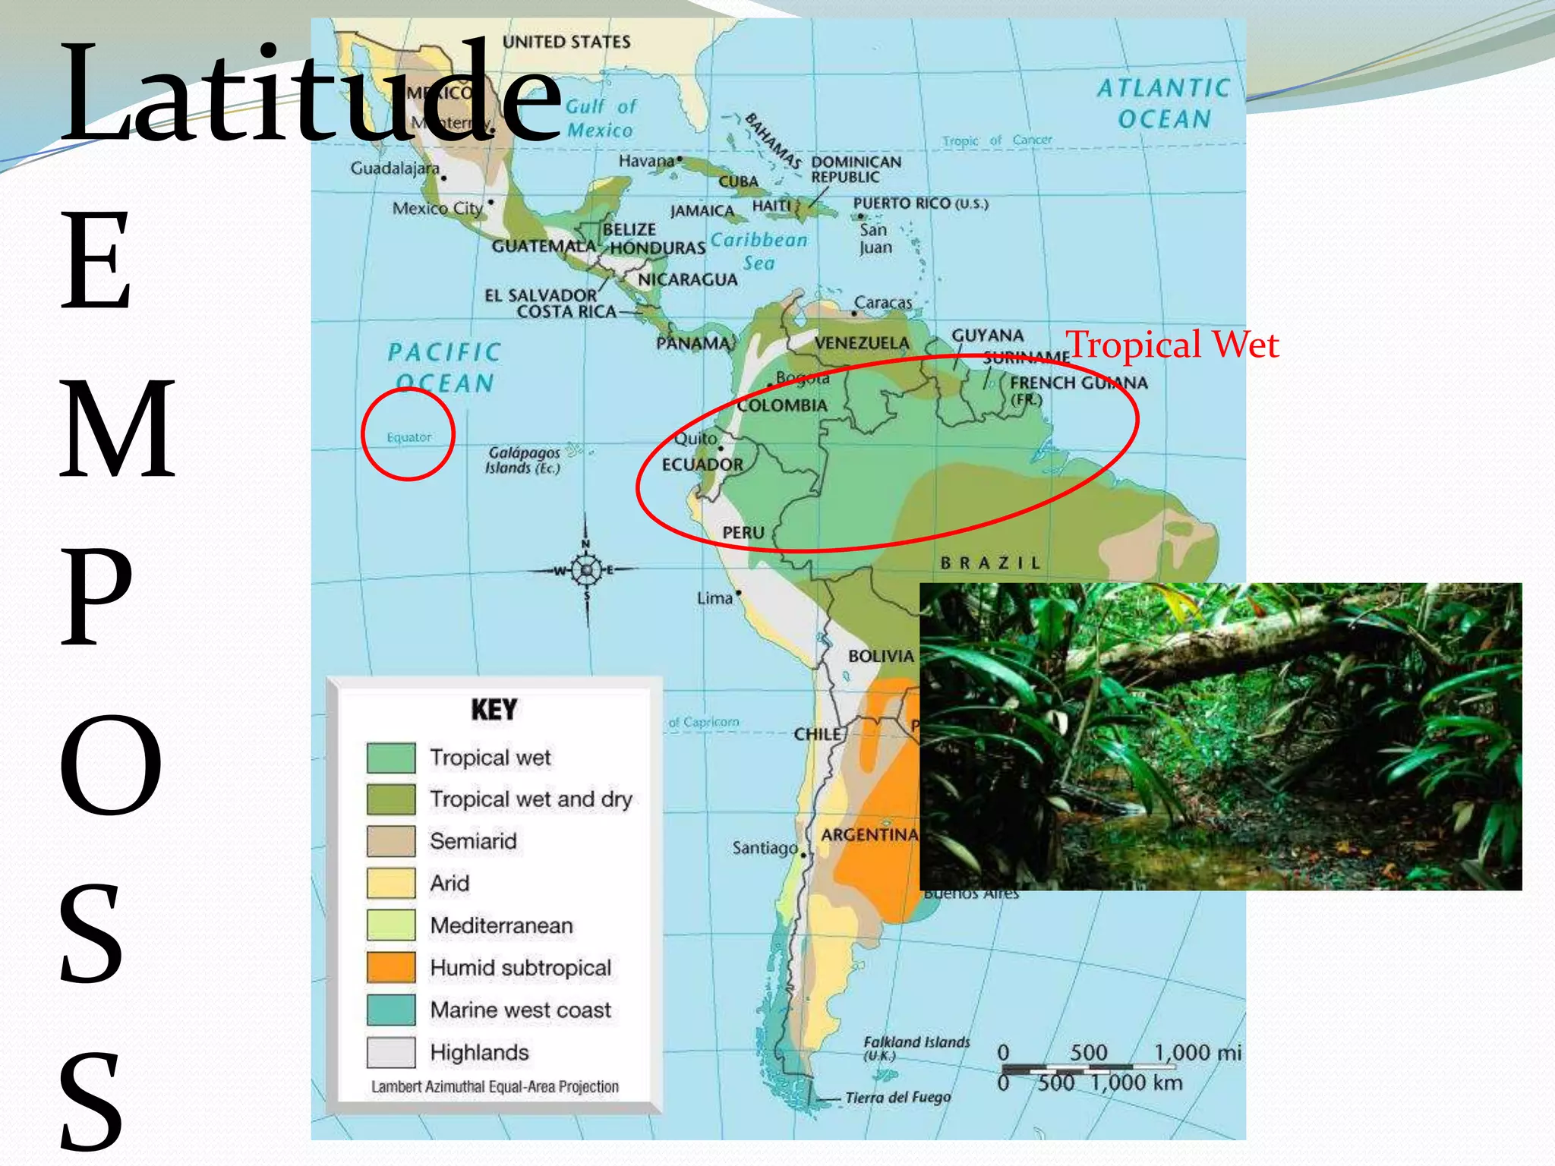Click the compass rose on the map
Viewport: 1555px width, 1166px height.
586,569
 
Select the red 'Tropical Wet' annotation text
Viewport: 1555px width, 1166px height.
1172,345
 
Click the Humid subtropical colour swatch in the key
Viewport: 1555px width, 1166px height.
391,968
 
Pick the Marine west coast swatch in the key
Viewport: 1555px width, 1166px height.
391,1010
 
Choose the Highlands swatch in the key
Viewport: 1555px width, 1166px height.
391,1052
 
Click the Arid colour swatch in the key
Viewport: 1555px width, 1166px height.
391,883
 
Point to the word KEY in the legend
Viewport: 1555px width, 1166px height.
494,710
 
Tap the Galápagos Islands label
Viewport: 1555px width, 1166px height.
524,460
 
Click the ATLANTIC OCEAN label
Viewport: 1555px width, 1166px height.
1163,103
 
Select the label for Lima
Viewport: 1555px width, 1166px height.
714,598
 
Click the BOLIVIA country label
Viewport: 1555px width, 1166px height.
881,656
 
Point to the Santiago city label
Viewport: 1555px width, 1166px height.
765,847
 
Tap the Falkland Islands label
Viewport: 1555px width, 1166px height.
916,1046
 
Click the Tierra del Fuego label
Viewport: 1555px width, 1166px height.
897,1098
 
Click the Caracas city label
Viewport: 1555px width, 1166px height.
883,302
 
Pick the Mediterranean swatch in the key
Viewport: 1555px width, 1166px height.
391,925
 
